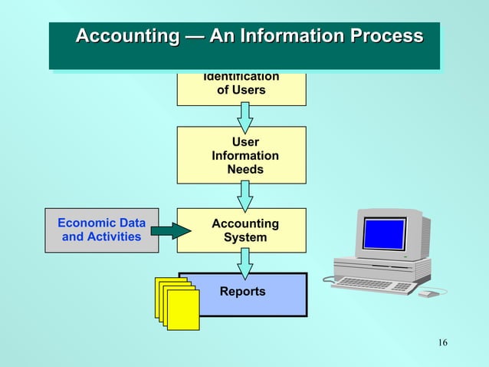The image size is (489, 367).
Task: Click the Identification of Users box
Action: [241, 87]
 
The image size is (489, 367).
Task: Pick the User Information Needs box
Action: [241, 155]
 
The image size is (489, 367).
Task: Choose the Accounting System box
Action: [241, 230]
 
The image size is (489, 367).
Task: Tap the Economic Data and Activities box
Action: [102, 230]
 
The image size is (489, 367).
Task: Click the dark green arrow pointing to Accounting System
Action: [175, 230]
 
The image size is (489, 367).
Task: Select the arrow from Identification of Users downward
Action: [244, 117]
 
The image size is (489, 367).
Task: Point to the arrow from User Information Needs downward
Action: [244, 196]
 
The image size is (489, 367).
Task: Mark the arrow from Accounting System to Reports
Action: [244, 263]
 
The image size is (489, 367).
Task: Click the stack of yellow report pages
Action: [178, 303]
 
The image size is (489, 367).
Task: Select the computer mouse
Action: [430, 293]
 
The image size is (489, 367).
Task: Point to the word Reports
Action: [242, 292]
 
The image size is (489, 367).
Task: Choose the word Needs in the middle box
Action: [244, 169]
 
